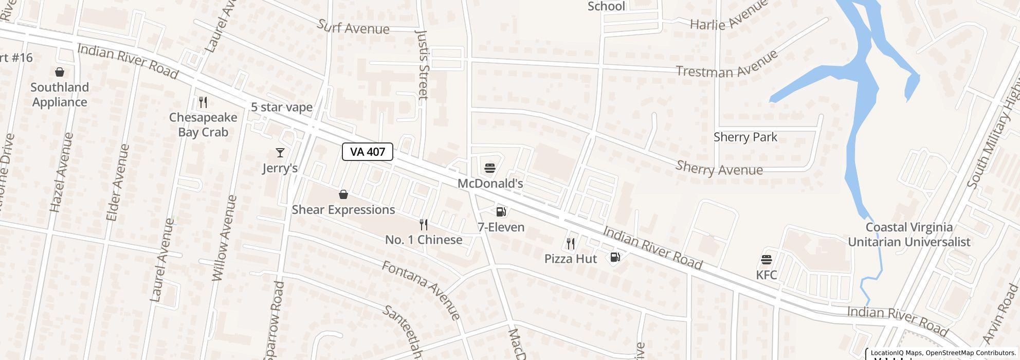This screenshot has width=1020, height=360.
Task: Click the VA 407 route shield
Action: point(368,152)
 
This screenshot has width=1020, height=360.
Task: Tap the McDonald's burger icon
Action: point(489,168)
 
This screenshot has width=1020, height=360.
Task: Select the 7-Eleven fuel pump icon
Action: point(501,211)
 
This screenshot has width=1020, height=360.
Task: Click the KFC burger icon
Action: point(766,259)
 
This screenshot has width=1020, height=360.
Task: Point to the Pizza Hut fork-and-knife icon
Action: point(571,243)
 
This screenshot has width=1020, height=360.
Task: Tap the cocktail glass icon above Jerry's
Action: point(280,153)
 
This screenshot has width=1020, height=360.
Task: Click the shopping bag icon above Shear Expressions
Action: point(343,194)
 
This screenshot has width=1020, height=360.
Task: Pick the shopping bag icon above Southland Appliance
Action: point(60,72)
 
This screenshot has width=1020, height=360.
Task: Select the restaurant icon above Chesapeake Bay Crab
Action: point(203,102)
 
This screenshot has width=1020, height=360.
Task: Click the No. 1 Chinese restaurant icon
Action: point(424,225)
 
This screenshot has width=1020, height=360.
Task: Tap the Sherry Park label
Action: point(745,137)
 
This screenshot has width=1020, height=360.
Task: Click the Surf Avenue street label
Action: point(353,27)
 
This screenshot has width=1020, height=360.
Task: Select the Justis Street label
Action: point(422,64)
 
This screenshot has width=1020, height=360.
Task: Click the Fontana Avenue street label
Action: point(421,290)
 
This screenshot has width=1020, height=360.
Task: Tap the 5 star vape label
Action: point(282,107)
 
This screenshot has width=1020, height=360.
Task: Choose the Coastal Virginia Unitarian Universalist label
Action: point(909,235)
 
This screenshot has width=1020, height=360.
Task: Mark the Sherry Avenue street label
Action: point(719,168)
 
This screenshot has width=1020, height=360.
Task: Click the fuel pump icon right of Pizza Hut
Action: point(615,257)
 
